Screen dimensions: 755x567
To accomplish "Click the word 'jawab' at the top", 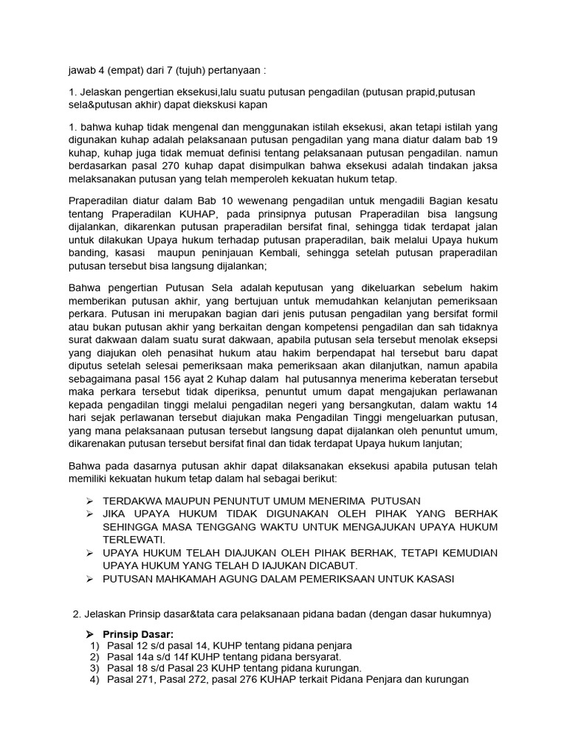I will pos(80,71).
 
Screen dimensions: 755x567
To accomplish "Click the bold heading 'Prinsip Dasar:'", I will pos(140,633).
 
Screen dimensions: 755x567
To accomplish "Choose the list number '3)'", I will pos(94,668).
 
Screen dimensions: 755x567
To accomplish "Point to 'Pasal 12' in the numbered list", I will pos(126,645).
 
